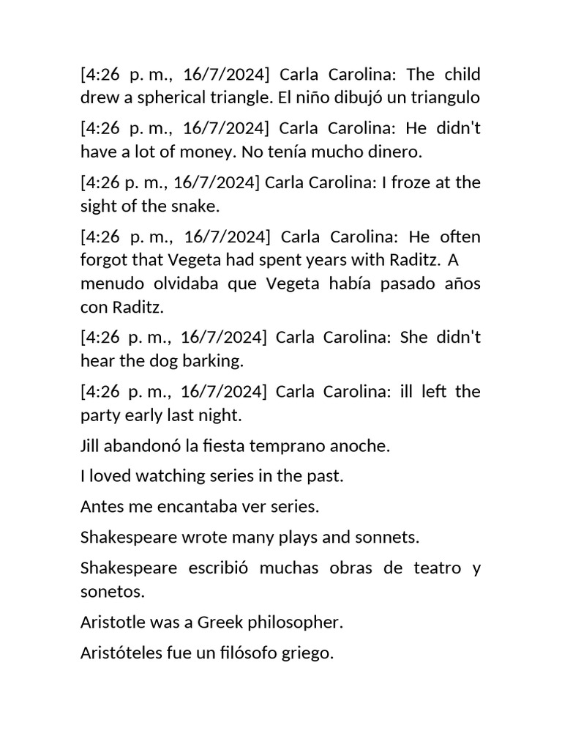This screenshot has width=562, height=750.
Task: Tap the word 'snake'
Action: pos(196,207)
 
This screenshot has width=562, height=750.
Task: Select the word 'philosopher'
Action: pos(301,623)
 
